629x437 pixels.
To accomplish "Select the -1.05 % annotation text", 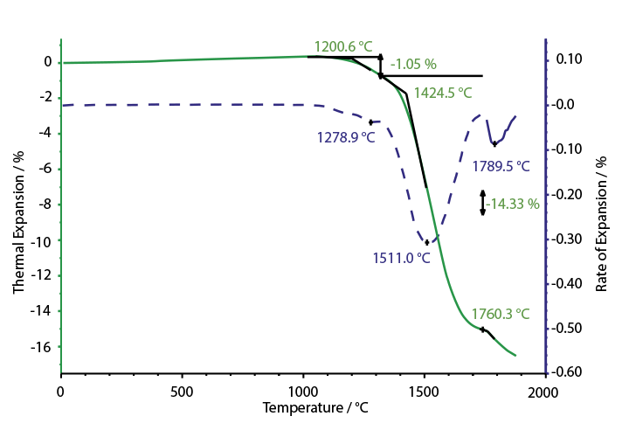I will point(413,64).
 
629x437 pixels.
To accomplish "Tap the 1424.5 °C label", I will point(443,92).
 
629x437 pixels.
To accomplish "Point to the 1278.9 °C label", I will point(346,137).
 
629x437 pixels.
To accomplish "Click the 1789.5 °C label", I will point(501,165).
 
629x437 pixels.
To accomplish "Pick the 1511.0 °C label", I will point(401,258).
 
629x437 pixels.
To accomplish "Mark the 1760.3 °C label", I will point(501,313).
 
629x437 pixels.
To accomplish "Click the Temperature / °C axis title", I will point(304,407).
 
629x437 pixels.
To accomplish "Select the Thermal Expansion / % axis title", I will point(18,220).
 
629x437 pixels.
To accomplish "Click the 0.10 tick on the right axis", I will point(568,59).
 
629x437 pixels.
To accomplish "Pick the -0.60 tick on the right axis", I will point(568,372).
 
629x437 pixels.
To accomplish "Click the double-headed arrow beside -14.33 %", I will point(482,203).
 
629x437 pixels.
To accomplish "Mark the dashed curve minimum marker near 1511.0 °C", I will point(426,242).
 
